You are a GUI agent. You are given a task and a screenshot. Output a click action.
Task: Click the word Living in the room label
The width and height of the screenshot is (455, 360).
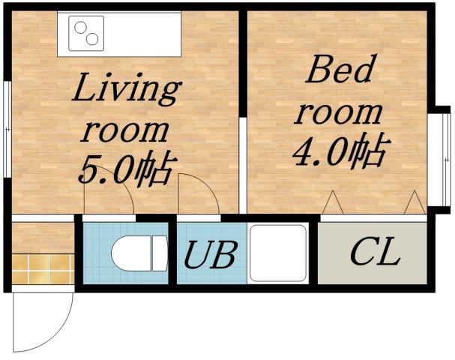pos(126,91)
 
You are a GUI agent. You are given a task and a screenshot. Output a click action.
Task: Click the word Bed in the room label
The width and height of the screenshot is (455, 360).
pos(339,73)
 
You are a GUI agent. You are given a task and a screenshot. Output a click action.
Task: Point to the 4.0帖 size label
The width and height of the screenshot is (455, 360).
pos(339,154)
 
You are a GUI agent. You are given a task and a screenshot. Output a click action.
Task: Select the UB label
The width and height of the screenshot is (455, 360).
pos(211,256)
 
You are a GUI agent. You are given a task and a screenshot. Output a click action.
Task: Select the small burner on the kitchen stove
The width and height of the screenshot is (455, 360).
pos(93,39)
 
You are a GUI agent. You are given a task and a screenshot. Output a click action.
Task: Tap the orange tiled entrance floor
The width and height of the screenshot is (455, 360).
pos(43,268)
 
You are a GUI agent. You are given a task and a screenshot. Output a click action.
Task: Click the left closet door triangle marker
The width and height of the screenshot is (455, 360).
pos(331,202)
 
